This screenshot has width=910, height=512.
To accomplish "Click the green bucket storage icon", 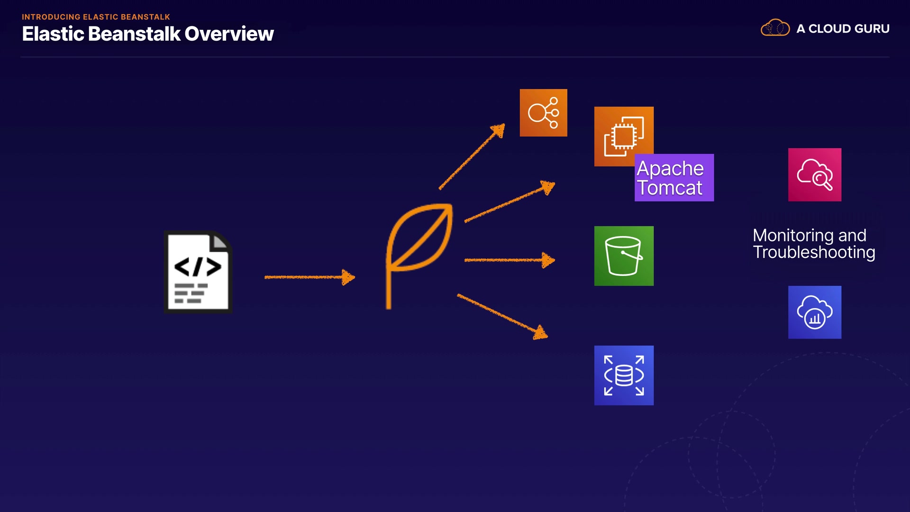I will point(624,256).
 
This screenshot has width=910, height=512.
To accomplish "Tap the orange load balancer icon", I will point(543,113).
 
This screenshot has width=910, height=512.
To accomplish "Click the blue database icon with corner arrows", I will point(624,375).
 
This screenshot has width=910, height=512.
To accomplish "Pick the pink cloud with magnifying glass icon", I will point(815,175).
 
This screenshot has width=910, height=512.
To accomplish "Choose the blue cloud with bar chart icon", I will point(815,312).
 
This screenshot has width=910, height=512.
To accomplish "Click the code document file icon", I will point(198,272).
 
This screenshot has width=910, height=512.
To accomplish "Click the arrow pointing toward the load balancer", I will point(472,157).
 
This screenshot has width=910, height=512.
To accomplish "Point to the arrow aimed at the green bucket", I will point(509,260).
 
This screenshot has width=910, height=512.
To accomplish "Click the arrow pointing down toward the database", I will point(502,316).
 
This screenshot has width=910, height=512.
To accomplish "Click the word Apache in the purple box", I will point(670,169).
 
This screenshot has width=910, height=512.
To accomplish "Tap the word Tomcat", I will point(669,188).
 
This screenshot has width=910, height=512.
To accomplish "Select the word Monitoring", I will point(793,236).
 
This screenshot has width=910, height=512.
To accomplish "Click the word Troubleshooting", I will point(814,252).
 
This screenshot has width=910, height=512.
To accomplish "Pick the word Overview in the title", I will point(229,34).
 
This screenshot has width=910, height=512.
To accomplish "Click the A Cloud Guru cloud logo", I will point(775,28).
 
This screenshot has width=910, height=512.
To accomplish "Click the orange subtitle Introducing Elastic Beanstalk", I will point(96,17).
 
